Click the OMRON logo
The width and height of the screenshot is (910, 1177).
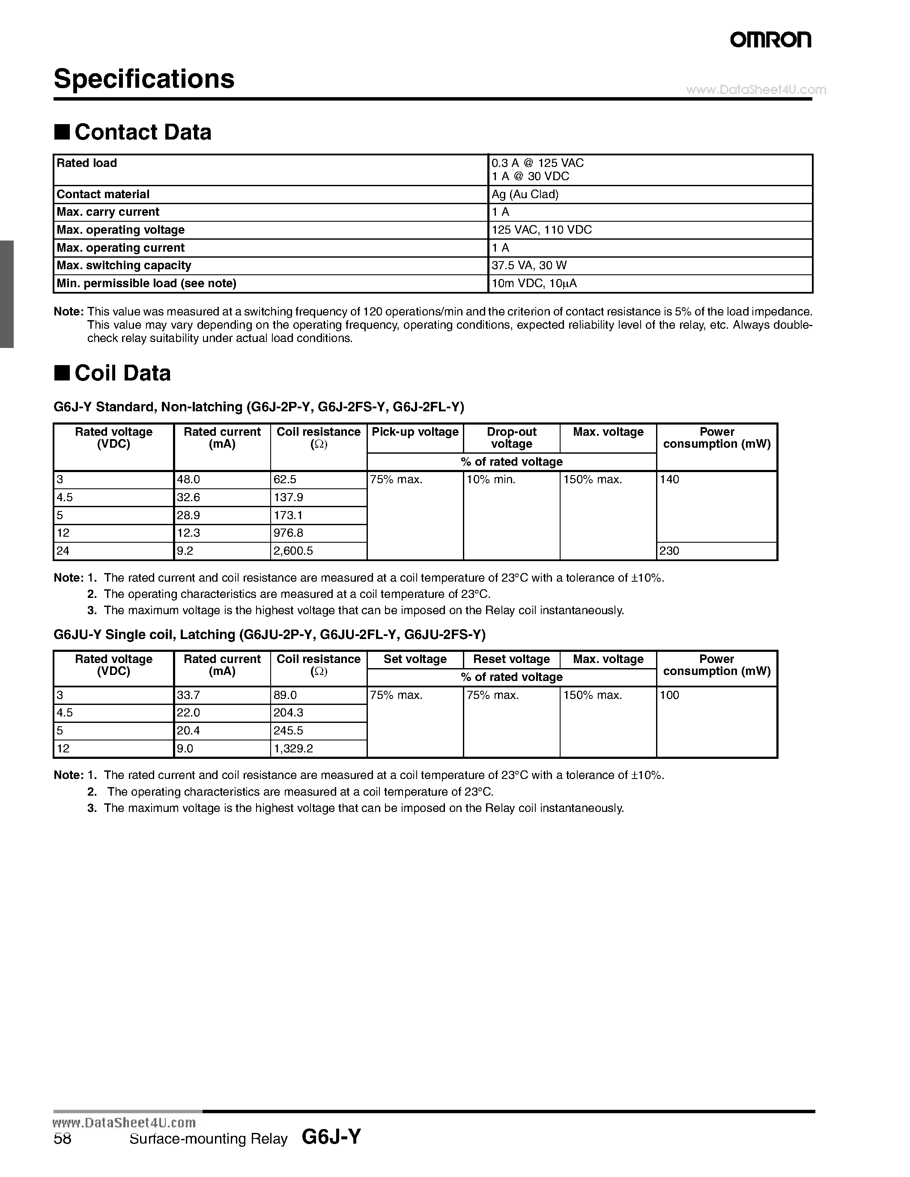tap(770, 40)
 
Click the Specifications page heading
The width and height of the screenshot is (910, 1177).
tap(144, 79)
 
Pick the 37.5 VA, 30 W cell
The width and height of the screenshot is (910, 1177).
tap(528, 265)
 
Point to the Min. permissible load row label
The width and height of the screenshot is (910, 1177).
tap(146, 283)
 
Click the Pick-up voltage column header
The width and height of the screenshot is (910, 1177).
tap(415, 432)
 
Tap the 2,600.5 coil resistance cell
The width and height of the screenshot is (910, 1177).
tap(293, 551)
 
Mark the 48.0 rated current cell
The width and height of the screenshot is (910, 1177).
tap(188, 479)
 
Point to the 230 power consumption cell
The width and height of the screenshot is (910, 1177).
tap(669, 551)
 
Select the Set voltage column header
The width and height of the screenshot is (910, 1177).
tap(415, 659)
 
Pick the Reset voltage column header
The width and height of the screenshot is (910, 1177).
tap(511, 659)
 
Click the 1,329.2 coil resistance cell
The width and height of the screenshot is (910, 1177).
tap(293, 749)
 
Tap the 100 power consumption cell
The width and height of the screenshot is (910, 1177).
tap(669, 695)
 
